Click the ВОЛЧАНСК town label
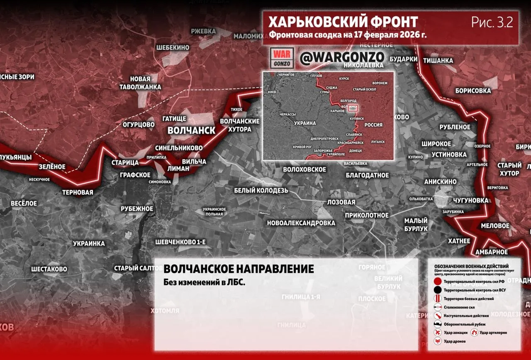pos(191,130)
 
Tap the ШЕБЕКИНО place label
pos(173,48)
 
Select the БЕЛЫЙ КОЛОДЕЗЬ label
pos(261,190)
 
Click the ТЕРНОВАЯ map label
pos(78,192)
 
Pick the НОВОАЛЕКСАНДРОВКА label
pos(301,223)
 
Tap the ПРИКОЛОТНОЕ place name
pos(367,215)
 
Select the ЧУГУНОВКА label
pos(470,201)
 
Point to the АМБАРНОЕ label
pos(491,252)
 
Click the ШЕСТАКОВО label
pos(49,269)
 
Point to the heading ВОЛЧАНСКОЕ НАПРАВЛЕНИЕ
pos(239,269)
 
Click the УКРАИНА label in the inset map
pos(305,123)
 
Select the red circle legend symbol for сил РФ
pos(437,282)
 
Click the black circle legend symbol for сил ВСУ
pos(437,290)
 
